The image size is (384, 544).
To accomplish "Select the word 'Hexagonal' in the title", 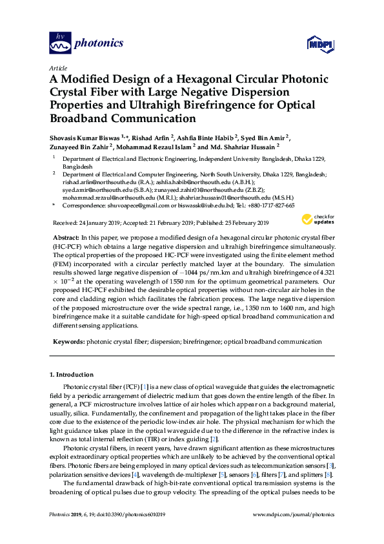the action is pos(192,79).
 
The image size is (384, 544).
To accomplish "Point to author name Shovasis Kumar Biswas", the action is pos(85,137).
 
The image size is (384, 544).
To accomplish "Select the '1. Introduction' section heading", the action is pos(72,375).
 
